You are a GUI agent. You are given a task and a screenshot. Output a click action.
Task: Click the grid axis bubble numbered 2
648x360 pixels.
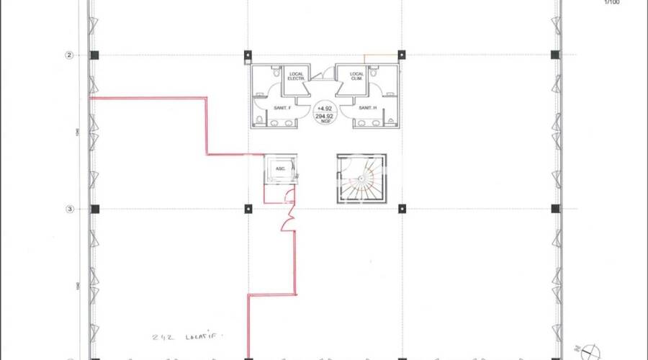[70, 55]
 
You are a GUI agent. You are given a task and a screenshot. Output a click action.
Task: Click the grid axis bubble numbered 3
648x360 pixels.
[70, 210]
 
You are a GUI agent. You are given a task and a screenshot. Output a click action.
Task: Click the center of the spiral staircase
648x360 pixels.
[361, 180]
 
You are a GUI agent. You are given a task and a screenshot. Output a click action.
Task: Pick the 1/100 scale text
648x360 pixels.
[611, 3]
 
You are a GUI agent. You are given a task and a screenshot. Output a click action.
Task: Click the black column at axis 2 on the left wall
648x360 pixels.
[94, 55]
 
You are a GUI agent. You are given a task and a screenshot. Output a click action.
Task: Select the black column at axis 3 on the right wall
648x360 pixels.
[555, 209]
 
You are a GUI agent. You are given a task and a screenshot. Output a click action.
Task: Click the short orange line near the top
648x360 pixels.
[381, 55]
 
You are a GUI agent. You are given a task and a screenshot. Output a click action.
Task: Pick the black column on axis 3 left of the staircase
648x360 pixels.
[248, 209]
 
